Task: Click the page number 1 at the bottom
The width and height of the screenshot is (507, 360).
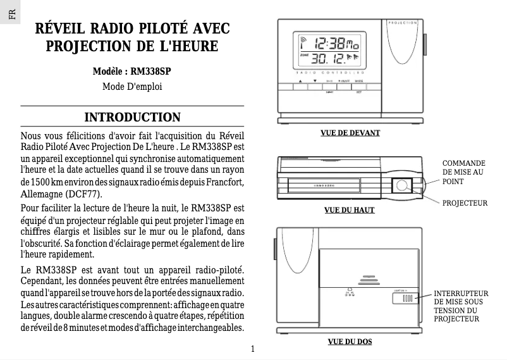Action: (252, 349)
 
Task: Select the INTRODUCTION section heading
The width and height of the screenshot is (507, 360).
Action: (133, 118)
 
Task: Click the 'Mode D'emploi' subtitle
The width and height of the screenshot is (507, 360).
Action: (132, 85)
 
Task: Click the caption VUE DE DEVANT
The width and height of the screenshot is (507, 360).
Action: (350, 133)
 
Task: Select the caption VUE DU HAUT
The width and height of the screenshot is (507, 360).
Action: (349, 209)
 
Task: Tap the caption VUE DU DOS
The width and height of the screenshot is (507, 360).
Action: (350, 342)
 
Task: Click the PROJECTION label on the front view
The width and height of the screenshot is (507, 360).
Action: (401, 22)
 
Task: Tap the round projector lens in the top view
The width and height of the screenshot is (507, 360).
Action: (402, 185)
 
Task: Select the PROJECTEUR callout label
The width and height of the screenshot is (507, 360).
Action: (465, 203)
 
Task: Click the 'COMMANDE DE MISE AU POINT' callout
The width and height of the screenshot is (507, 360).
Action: (464, 172)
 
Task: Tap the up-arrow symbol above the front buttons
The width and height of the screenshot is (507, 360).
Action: (301, 81)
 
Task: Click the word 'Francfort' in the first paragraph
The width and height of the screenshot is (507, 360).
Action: (224, 183)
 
